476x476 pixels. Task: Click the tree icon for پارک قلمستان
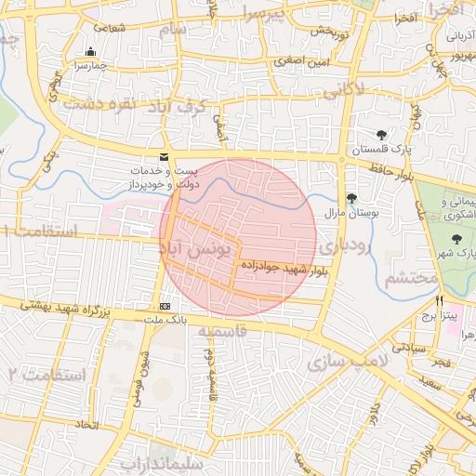382,135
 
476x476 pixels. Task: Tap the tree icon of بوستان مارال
351,198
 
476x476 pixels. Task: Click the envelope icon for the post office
165,157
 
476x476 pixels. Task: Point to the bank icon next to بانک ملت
165,306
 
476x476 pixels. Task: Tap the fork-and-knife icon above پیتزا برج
439,301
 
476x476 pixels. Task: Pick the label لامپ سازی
350,360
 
